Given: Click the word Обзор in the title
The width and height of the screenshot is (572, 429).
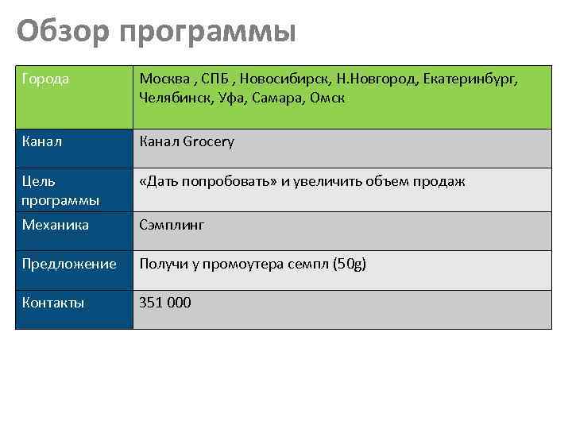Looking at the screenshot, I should pos(62,32).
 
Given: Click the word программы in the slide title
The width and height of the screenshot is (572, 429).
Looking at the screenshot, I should pos(208,33).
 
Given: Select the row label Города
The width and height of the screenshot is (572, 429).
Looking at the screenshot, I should pos(45,79).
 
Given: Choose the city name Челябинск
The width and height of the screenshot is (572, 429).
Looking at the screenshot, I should pos(173,98).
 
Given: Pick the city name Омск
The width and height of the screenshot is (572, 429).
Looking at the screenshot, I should pos(328,98).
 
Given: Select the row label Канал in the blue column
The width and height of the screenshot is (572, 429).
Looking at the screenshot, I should pos(43,142).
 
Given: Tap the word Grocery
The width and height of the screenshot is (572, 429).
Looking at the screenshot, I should pos(208,142).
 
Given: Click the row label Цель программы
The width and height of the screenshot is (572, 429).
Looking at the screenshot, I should pos(60,191).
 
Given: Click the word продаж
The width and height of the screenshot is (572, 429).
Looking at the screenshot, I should pos(438,182).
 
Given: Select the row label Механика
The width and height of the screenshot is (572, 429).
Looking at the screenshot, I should pos(56,225).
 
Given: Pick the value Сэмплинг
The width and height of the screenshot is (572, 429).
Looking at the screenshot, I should pos(172,225).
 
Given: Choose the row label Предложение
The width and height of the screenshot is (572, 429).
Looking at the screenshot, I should pos(69,264).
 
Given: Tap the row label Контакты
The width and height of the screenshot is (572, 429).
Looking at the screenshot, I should pos(53,303).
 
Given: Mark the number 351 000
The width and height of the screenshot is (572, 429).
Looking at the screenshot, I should pos(165,303).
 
